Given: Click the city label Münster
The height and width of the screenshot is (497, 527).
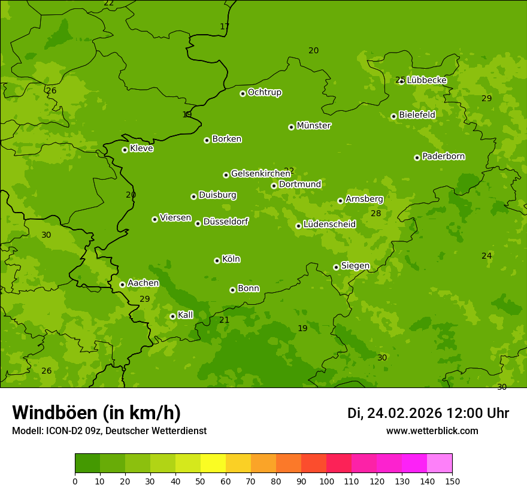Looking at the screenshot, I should point(313,126).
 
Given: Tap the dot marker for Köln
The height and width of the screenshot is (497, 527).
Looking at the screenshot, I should point(217,260).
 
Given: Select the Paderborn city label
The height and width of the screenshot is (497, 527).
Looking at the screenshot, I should point(443,156).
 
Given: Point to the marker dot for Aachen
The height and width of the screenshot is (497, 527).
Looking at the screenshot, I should point(122,284).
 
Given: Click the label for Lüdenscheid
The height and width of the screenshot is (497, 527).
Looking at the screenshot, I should point(329,225).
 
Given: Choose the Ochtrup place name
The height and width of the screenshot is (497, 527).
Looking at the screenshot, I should point(264,92).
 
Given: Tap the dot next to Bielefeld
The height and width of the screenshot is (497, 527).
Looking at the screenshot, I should point(393,116).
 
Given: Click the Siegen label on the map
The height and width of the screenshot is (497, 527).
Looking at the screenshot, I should point(355,266).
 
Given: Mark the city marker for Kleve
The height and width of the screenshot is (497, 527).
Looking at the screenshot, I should point(125,150).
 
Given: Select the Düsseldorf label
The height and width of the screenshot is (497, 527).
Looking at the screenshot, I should point(225,222).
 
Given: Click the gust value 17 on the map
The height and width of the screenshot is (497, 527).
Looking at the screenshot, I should point(225,26).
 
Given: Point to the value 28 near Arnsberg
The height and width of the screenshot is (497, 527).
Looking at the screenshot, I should point(375,214).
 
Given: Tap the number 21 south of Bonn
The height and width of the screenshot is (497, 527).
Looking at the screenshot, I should point(224,320).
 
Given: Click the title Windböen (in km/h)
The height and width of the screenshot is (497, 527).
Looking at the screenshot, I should point(96,413).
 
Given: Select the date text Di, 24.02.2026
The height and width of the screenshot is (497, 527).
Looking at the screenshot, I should point(395,413).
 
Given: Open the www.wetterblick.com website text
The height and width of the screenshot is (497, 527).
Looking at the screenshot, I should point(432,431).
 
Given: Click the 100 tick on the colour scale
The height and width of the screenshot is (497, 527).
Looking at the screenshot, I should point(326,481).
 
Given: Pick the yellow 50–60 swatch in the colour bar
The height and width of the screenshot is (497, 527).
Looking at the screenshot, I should point(213,463).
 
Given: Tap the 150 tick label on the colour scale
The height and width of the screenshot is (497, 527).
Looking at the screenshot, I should point(452,481).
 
